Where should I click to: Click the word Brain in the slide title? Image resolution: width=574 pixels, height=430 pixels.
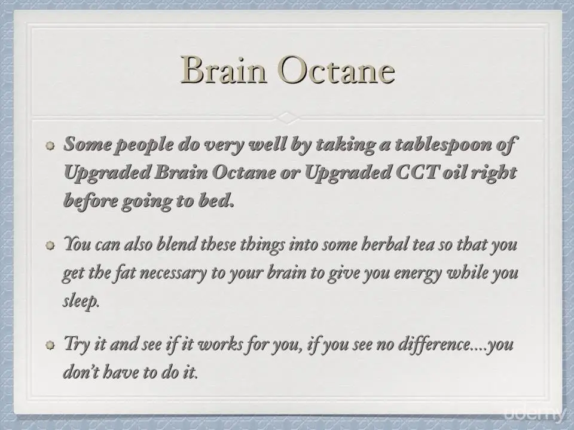click(223, 69)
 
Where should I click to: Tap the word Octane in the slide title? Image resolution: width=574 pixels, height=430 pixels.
click(336, 69)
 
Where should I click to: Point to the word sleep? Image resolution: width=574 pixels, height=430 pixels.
click(81, 301)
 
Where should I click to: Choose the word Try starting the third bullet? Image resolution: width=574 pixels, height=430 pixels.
click(76, 344)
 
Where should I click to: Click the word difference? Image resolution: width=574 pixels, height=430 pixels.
click(434, 344)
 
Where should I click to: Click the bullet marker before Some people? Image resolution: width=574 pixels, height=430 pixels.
click(50, 146)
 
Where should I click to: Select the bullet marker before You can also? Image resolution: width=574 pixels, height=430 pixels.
click(50, 245)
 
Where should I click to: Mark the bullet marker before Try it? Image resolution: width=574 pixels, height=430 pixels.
click(50, 345)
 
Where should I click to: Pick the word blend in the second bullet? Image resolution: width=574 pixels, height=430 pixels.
click(176, 244)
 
